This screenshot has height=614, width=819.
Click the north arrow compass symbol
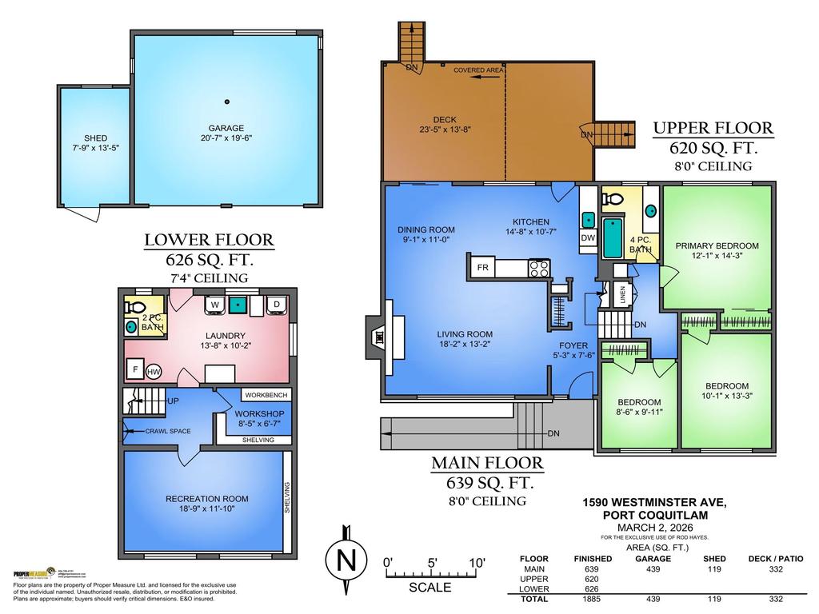[x=346, y=560]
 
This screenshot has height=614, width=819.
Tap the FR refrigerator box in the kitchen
[x=483, y=268]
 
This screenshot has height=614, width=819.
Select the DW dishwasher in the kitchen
[x=589, y=238]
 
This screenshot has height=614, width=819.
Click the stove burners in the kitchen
[x=538, y=269]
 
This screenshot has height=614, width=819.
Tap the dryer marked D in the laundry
[x=276, y=305]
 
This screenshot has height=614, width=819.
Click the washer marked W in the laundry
[x=214, y=305]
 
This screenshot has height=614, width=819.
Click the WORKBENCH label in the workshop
[x=266, y=395]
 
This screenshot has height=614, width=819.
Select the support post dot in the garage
[x=227, y=102]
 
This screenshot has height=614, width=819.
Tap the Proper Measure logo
[x=30, y=573]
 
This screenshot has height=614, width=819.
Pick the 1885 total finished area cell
[x=591, y=599]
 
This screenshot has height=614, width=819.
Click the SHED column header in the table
[x=713, y=558]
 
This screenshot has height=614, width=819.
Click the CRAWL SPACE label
[x=168, y=431]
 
